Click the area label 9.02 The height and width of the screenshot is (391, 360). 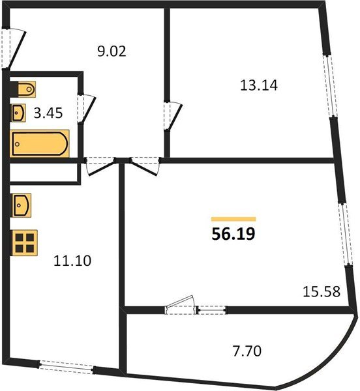(111, 51)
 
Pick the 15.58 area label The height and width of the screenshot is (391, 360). (321, 293)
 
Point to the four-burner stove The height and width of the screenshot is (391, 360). (25, 242)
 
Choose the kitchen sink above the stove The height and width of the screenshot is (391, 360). (21, 207)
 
